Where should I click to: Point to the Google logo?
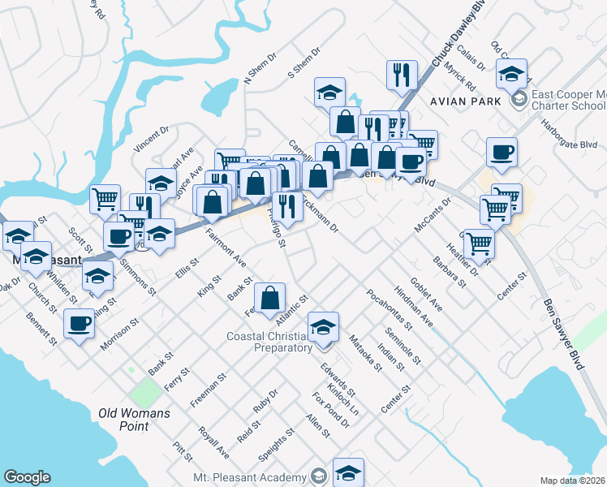[x=27, y=477]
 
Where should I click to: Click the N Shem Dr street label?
[x=260, y=71]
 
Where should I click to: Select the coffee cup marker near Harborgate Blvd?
[x=502, y=152]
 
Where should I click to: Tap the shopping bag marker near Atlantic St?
[x=270, y=298]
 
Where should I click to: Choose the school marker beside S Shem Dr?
[x=329, y=93]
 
